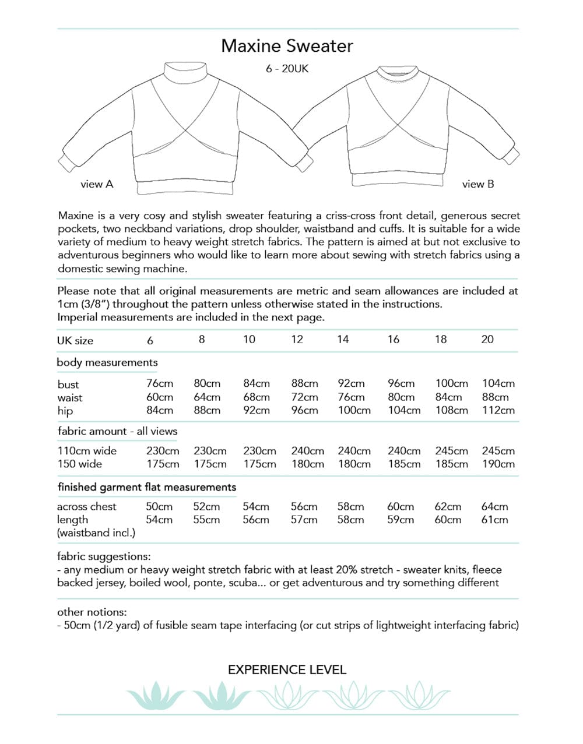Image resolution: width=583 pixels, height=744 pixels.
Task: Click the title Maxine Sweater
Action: coord(287,46)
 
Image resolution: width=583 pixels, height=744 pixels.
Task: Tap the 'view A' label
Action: coord(97,184)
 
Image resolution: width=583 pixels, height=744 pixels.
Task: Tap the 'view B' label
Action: coord(478,184)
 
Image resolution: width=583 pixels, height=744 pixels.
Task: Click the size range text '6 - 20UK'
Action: coord(287,69)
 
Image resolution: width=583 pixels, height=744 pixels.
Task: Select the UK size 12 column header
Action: coord(297,339)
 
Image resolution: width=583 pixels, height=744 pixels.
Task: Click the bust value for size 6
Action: coord(159,383)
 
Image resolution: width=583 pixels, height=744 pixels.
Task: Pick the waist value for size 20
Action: coord(496,397)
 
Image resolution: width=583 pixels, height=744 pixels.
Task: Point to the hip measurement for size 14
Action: coord(354,410)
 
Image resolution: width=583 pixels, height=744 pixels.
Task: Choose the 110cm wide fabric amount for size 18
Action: coord(451,451)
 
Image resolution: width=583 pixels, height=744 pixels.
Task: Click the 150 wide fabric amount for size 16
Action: coord(404,464)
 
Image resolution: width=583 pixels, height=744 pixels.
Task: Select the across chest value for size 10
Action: coord(256,507)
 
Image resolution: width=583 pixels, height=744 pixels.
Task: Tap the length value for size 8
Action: coord(206,520)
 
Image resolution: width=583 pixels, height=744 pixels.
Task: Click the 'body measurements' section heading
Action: coord(107,362)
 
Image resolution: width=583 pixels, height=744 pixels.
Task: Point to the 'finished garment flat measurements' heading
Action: coord(147,487)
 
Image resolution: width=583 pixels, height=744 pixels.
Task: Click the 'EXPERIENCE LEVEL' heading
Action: coord(287,670)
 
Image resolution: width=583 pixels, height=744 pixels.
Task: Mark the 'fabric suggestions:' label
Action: coord(104,556)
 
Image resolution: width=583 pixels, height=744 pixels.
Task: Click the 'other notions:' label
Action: coord(92,612)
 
